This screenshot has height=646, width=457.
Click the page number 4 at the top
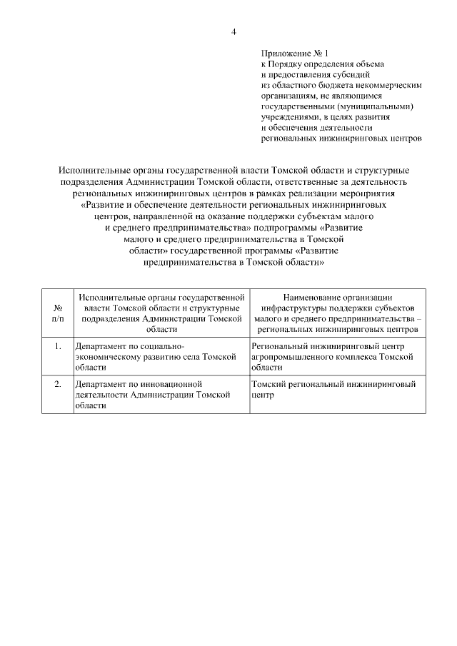pyautogui.click(x=233, y=31)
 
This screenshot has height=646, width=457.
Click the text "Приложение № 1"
pyautogui.click(x=293, y=53)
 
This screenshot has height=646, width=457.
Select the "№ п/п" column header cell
pyautogui.click(x=57, y=313)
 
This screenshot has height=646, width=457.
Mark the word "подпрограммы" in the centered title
pyautogui.click(x=285, y=228)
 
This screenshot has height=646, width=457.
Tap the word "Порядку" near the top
pyautogui.click(x=291, y=64)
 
